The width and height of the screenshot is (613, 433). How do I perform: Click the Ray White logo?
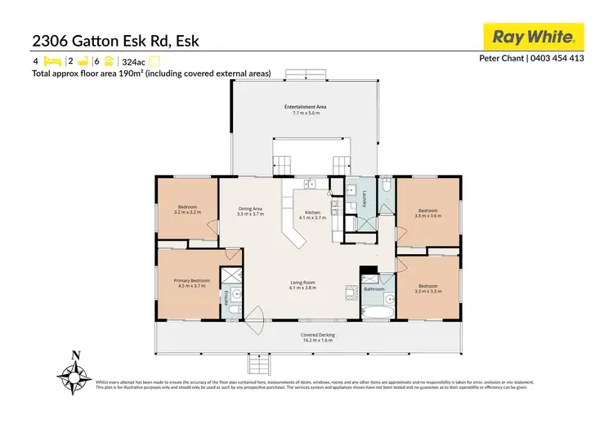point(535,37)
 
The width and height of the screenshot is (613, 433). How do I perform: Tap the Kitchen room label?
point(312,215)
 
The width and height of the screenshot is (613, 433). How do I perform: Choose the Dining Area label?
point(250,209)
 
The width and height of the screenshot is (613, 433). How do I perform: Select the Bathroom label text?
point(374,289)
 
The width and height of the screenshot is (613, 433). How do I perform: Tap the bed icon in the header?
point(51,60)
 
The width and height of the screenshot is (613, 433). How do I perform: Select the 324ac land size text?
point(132,61)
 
